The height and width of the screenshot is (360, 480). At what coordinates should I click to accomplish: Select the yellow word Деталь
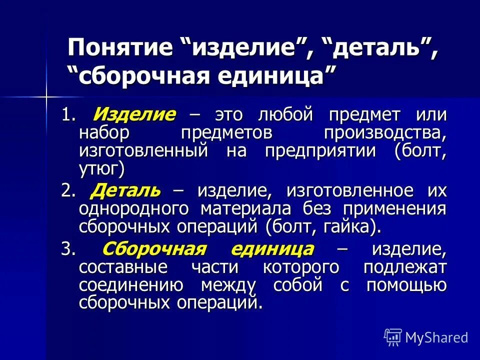(126, 190)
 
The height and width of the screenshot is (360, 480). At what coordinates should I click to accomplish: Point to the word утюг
(99, 169)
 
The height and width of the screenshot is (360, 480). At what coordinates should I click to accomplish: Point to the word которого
(301, 267)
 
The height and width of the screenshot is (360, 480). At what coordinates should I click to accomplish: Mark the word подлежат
(405, 267)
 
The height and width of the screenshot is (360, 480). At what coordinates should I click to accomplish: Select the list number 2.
(67, 190)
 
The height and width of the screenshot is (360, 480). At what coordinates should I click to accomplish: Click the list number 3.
(67, 249)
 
